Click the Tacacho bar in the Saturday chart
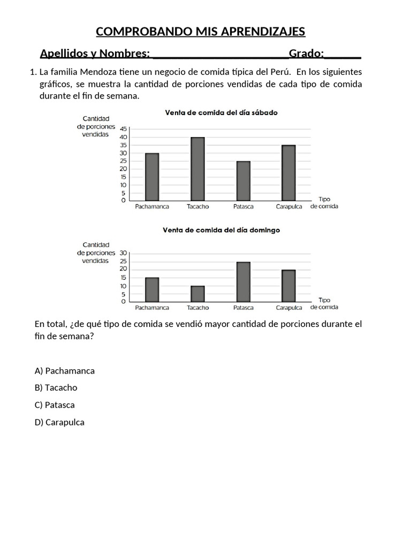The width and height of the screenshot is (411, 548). pyautogui.click(x=197, y=169)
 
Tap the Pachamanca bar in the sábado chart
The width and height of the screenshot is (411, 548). pyautogui.click(x=152, y=177)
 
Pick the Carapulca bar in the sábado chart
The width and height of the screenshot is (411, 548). pyautogui.click(x=288, y=173)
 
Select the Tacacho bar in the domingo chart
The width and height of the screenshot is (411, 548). pyautogui.click(x=197, y=294)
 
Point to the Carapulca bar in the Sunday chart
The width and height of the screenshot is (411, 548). pyautogui.click(x=288, y=286)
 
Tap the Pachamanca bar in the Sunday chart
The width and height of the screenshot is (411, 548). pyautogui.click(x=152, y=290)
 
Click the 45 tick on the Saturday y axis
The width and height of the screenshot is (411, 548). pyautogui.click(x=124, y=129)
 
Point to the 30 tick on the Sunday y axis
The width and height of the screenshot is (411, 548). pyautogui.click(x=124, y=253)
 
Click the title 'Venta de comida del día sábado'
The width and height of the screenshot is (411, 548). pyautogui.click(x=221, y=112)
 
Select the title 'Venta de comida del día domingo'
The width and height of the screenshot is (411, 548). pyautogui.click(x=221, y=230)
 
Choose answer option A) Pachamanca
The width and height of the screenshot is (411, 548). pyautogui.click(x=64, y=370)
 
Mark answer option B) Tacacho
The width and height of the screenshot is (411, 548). pyautogui.click(x=56, y=387)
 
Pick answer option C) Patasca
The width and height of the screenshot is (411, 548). pyautogui.click(x=55, y=405)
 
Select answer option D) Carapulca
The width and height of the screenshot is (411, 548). pyautogui.click(x=59, y=422)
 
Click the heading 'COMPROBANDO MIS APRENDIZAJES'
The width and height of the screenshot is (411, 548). pyautogui.click(x=200, y=32)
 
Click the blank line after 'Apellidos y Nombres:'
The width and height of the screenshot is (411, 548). pyautogui.click(x=219, y=54)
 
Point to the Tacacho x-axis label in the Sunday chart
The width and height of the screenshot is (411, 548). pyautogui.click(x=197, y=308)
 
